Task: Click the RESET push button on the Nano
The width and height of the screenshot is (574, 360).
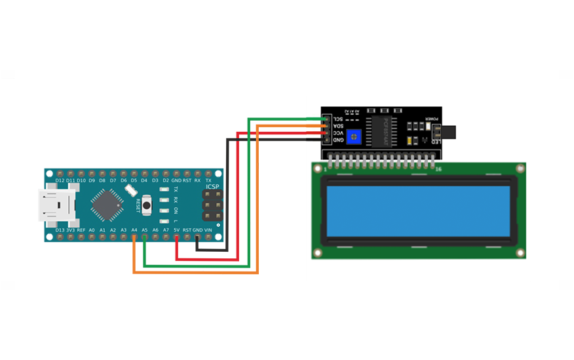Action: tap(146, 205)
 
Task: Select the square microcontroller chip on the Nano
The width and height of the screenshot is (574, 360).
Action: tap(107, 204)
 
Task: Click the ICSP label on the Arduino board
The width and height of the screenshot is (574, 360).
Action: tap(212, 187)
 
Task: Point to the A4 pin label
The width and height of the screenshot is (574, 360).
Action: tap(134, 230)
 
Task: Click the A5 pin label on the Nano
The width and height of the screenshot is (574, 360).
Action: tap(144, 230)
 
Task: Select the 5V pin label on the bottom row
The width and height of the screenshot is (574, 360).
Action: tap(176, 230)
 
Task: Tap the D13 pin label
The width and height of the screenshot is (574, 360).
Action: tap(60, 230)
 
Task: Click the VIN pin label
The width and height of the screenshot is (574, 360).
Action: tap(208, 230)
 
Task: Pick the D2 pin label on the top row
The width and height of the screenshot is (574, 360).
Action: tap(166, 180)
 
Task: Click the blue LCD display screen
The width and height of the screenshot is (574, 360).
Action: tap(417, 210)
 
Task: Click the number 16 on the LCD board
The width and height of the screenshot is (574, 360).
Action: tap(438, 169)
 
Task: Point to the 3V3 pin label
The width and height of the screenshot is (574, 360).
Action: tap(70, 230)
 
